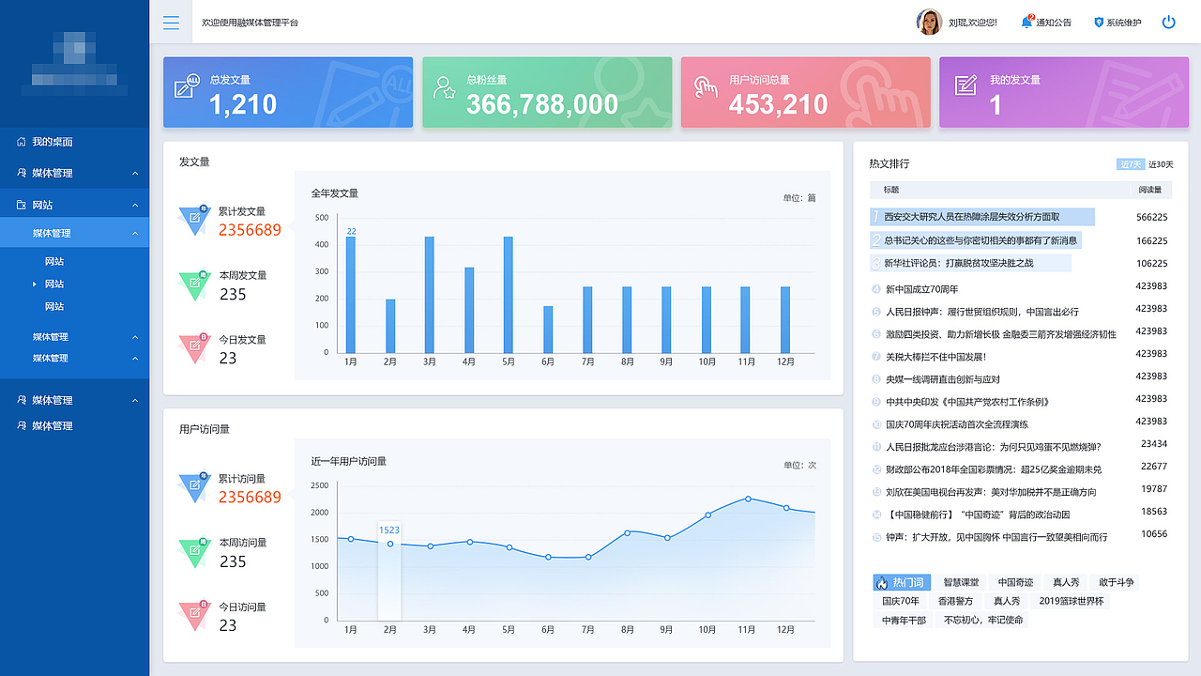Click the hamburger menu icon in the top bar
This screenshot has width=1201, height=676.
[171, 23]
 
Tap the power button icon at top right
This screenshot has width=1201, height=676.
[1168, 22]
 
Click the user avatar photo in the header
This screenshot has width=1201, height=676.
[929, 22]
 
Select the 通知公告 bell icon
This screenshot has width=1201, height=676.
[1026, 22]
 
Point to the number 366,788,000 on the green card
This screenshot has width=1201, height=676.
[541, 104]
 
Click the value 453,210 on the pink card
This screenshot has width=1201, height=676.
[778, 104]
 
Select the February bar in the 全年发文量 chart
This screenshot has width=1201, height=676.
[390, 326]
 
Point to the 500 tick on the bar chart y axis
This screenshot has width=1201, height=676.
[321, 218]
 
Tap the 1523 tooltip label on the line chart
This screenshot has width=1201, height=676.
[389, 530]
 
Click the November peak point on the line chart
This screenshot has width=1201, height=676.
[748, 499]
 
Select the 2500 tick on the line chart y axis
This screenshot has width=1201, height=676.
[319, 485]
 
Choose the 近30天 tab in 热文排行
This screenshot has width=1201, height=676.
[1161, 164]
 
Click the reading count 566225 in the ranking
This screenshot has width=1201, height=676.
[1151, 217]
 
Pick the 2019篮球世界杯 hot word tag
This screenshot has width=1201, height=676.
[1072, 601]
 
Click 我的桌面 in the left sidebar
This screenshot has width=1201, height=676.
[53, 142]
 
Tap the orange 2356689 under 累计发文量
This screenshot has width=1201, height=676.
[250, 230]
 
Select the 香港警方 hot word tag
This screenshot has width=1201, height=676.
[955, 601]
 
